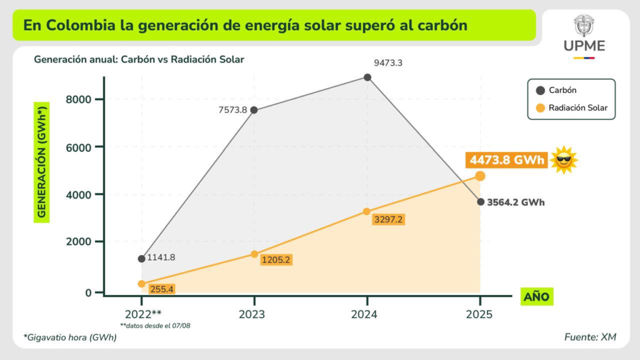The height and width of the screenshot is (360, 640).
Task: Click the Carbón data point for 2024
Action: pyautogui.click(x=367, y=77)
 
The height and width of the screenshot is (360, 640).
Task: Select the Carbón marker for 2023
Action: pyautogui.click(x=254, y=110)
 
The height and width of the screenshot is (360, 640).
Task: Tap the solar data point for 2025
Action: pyautogui.click(x=480, y=176)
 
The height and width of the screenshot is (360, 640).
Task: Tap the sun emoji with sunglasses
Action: pyautogui.click(x=564, y=160)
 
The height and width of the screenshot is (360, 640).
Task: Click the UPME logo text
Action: pyautogui.click(x=584, y=46)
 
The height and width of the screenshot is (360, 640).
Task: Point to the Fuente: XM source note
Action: pyautogui.click(x=590, y=337)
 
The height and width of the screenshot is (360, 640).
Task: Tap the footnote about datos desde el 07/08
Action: pyautogui.click(x=146, y=325)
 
